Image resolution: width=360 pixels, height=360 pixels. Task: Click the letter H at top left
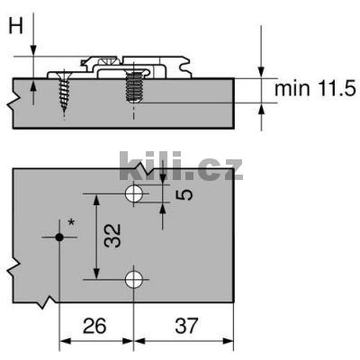click(x=15, y=25)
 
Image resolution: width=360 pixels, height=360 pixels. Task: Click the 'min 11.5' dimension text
click(x=315, y=88)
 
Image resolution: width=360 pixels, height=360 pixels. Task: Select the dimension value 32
click(x=112, y=236)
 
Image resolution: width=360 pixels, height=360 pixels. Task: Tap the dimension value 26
click(x=94, y=326)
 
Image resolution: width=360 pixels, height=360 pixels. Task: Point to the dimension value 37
click(x=186, y=326)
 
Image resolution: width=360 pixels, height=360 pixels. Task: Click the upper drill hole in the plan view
click(x=134, y=193)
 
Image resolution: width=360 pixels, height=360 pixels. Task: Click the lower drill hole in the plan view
click(x=134, y=280)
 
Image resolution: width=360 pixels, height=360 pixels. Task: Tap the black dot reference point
click(x=59, y=238)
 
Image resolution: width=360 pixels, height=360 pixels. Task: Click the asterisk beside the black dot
click(x=71, y=222)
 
